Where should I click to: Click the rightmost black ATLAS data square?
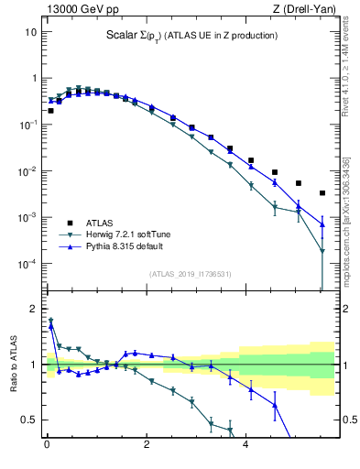point(322,193)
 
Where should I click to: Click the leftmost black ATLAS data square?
point(50,111)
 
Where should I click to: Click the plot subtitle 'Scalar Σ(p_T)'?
point(136,36)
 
